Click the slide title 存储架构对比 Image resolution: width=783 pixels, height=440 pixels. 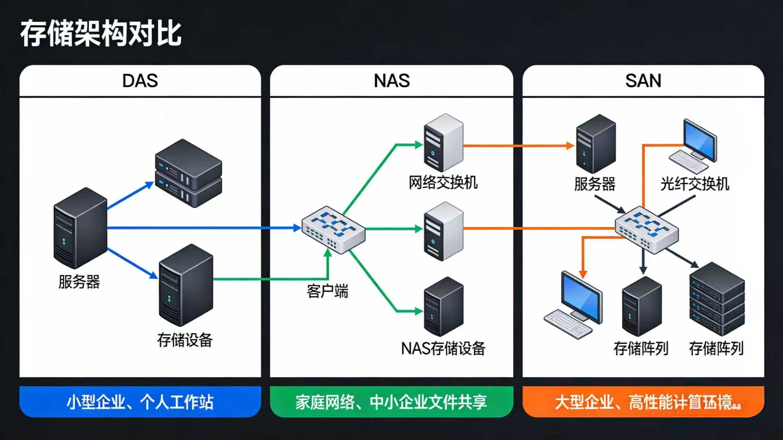point(101,33)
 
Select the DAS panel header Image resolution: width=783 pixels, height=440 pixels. point(140,81)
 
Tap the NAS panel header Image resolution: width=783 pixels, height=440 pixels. point(391,81)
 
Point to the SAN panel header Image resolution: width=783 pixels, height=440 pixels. point(643,81)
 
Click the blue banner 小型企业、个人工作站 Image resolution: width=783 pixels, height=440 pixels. point(140,402)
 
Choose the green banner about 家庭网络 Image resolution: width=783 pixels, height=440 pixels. point(391,402)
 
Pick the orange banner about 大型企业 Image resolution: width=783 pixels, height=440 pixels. point(643,402)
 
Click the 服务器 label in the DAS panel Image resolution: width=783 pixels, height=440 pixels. point(79,282)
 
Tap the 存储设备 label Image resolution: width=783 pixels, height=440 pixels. point(185,340)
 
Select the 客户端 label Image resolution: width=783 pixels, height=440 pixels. point(327,291)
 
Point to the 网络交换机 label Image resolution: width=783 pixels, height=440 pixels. point(443,182)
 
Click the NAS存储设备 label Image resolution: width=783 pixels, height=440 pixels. point(443,349)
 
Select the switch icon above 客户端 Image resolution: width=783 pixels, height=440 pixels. point(333,229)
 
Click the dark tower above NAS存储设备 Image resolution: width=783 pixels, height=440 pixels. point(444,307)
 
